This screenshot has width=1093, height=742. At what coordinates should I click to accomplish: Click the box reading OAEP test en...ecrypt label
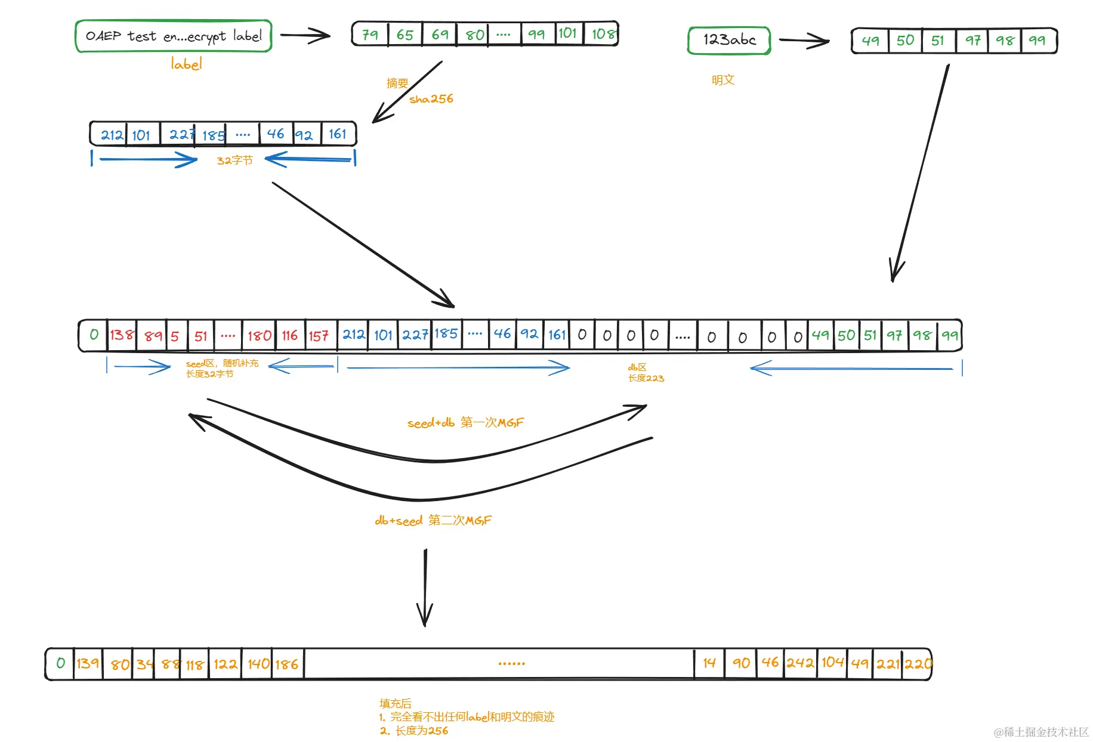(x=174, y=36)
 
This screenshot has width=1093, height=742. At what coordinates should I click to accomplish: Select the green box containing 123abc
(x=729, y=40)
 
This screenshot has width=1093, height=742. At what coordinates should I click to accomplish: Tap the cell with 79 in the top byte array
(x=370, y=34)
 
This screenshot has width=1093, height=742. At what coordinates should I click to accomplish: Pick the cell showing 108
(x=601, y=33)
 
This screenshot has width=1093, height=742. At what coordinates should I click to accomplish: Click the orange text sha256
(x=431, y=99)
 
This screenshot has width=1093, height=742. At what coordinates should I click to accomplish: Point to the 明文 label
(x=723, y=80)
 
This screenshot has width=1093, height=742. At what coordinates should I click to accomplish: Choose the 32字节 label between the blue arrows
(x=235, y=160)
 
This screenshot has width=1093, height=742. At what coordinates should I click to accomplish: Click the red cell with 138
(x=122, y=335)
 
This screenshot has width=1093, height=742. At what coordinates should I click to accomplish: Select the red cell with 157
(x=319, y=336)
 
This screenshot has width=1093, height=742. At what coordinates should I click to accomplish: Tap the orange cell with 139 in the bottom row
(x=88, y=663)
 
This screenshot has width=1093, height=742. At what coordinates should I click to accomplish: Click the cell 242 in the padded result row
(x=800, y=663)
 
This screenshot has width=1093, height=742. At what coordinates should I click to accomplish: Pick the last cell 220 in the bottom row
(x=918, y=663)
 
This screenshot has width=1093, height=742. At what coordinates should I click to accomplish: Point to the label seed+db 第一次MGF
(x=465, y=423)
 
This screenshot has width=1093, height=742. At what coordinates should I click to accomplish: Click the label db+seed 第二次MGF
(x=433, y=520)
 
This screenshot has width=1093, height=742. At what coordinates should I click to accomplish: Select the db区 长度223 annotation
(x=646, y=372)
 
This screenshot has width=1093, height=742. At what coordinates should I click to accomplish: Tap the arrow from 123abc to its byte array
(x=804, y=41)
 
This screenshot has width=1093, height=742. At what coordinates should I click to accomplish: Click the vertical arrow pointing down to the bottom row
(x=425, y=588)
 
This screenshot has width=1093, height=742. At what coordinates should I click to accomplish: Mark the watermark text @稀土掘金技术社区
(x=1041, y=732)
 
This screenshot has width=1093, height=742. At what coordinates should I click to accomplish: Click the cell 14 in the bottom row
(x=709, y=663)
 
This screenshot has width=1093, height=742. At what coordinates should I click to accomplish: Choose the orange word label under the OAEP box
(x=186, y=64)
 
